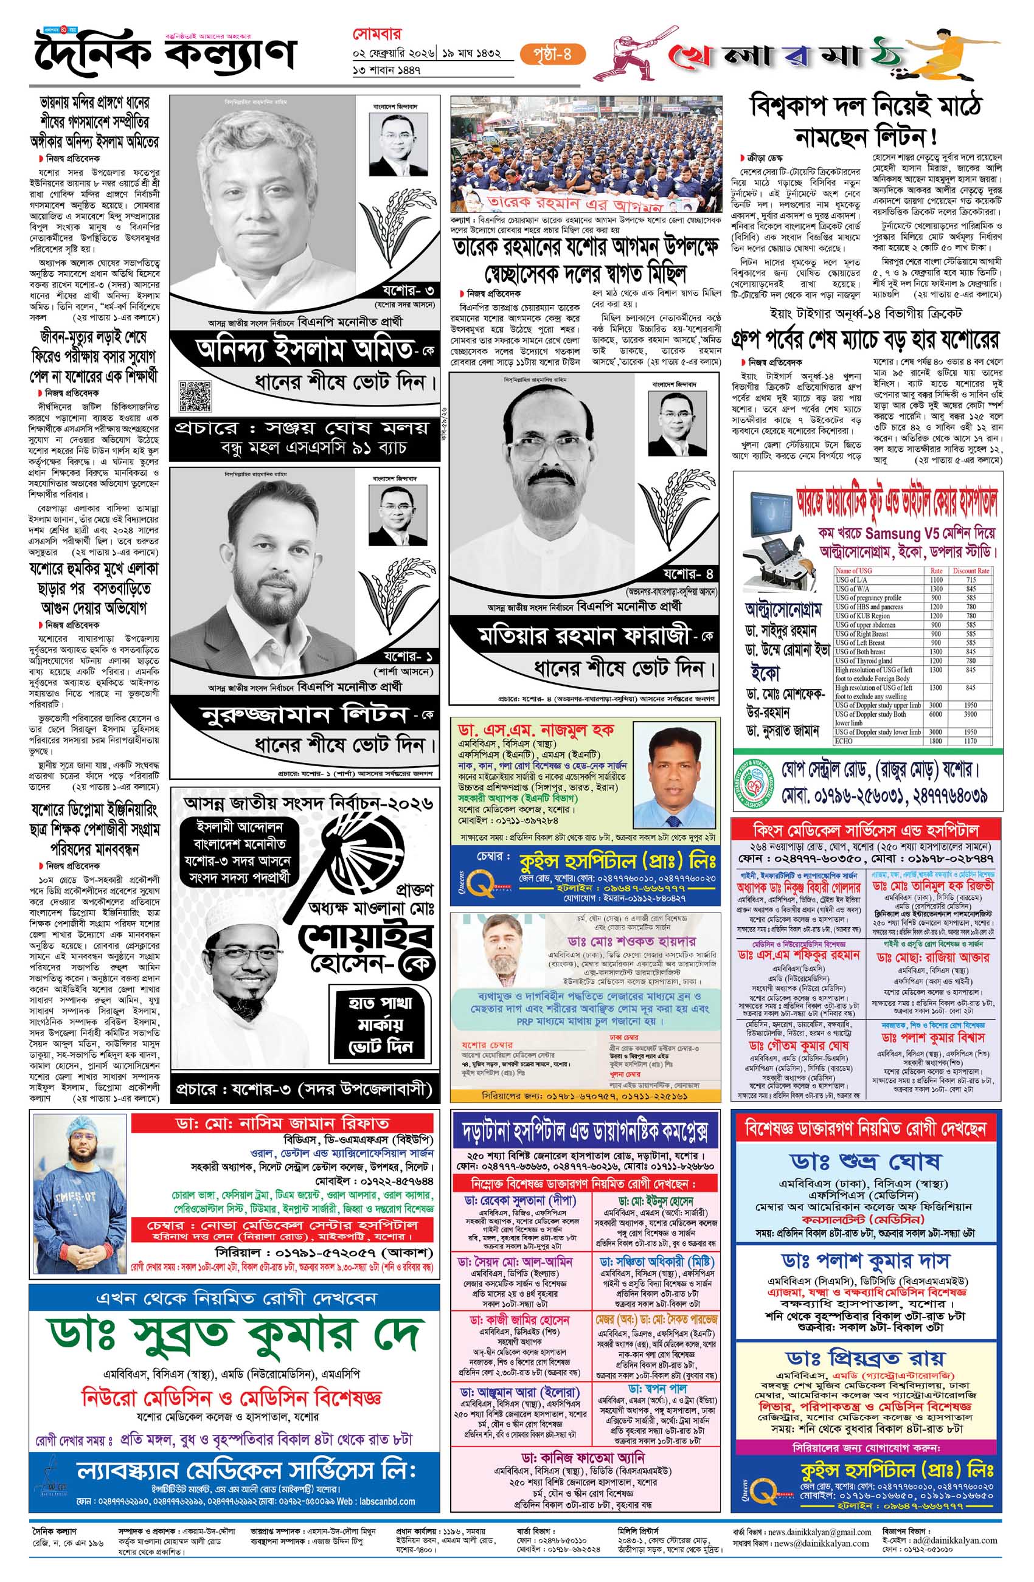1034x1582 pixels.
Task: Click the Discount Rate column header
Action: click(x=970, y=570)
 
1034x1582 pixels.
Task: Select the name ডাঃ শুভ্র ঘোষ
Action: click(x=866, y=1160)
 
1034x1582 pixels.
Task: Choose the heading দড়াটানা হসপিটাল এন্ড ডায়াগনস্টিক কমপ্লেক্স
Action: click(x=585, y=1132)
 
